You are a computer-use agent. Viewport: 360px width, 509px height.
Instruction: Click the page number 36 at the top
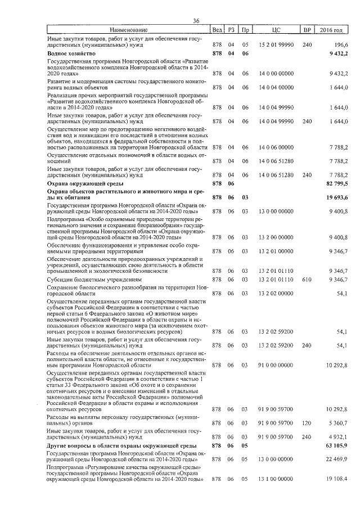click(x=196, y=21)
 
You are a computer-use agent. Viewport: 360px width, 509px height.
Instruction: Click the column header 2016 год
click(x=331, y=29)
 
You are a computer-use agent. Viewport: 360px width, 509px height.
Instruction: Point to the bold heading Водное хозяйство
click(x=70, y=53)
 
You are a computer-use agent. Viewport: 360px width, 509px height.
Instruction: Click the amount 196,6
click(x=341, y=43)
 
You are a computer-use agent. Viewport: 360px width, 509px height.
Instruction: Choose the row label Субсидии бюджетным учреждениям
click(x=93, y=279)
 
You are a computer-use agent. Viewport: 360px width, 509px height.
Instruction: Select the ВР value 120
click(x=307, y=422)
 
